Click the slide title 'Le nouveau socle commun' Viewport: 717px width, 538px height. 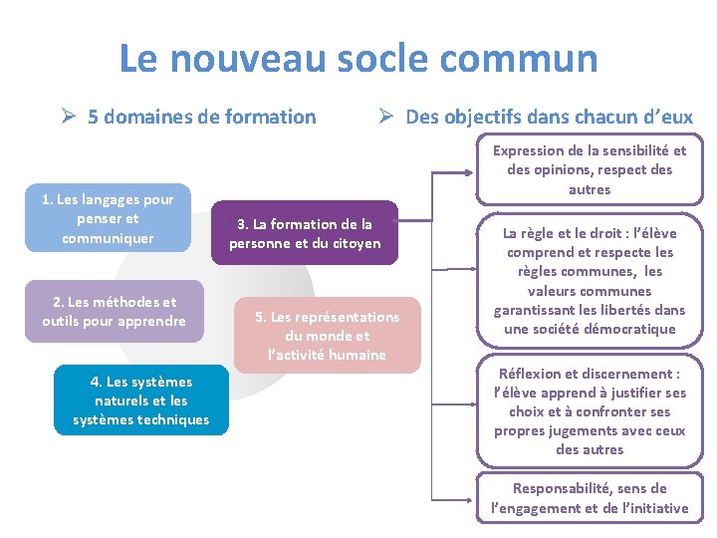pyautogui.click(x=358, y=59)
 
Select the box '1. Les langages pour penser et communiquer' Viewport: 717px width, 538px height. pyautogui.click(x=108, y=219)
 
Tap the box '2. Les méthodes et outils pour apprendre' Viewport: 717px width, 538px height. pyautogui.click(x=114, y=312)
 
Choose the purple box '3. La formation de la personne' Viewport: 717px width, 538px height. pyautogui.click(x=305, y=234)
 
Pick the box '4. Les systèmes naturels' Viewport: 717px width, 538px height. pyautogui.click(x=140, y=401)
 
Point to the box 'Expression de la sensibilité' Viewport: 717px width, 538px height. pyautogui.click(x=590, y=170)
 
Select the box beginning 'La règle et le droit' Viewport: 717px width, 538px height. pyautogui.click(x=590, y=281)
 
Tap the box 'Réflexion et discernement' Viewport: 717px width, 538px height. pyautogui.click(x=590, y=411)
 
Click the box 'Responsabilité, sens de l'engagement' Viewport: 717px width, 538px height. pyautogui.click(x=590, y=498)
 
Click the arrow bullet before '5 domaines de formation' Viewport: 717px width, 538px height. pyautogui.click(x=68, y=118)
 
